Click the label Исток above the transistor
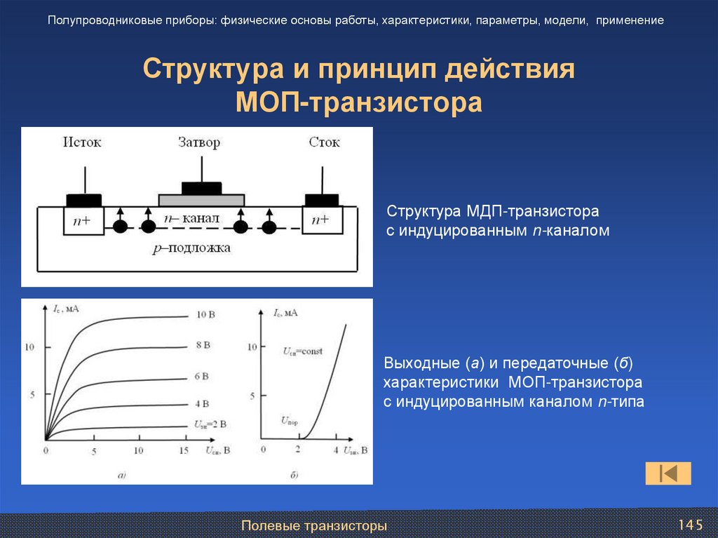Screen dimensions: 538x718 82,142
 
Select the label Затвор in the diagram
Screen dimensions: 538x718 199,142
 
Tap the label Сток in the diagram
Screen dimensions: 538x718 324,142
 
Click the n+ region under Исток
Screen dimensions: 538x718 83,221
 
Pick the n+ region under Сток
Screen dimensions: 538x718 322,221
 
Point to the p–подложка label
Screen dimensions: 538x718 191,248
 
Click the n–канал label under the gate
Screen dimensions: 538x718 191,219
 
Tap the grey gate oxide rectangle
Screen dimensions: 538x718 201,200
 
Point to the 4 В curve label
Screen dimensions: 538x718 201,404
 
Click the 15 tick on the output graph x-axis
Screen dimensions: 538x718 184,450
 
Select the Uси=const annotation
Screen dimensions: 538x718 303,351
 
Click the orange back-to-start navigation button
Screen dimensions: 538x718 668,473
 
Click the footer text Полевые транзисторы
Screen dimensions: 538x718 314,525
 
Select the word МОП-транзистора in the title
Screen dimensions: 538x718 359,102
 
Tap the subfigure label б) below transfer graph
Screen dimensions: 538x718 294,476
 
